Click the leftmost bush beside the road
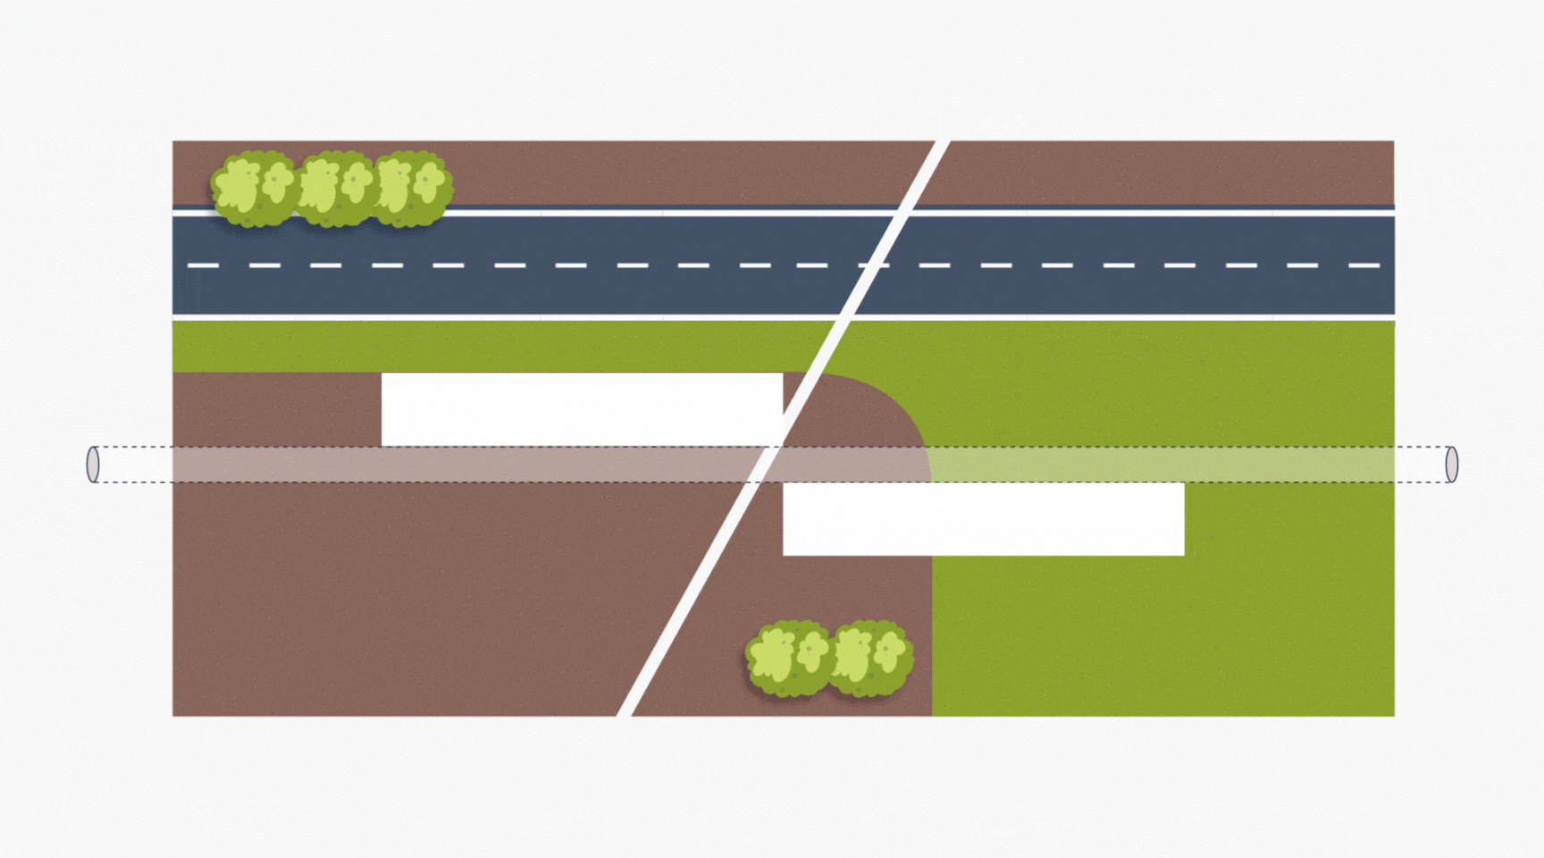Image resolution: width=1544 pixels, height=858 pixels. point(255,189)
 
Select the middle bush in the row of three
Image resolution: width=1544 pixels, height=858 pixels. point(334,188)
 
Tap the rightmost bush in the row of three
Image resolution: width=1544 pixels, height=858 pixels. point(412,188)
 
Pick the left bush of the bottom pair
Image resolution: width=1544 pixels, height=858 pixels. point(788,659)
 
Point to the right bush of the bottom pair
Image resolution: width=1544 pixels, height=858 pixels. point(868,659)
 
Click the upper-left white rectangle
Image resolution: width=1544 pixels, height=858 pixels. point(582,409)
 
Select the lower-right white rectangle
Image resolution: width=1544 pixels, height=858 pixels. point(984,519)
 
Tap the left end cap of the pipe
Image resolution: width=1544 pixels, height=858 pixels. point(93,465)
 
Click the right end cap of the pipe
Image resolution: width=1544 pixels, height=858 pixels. point(1451,465)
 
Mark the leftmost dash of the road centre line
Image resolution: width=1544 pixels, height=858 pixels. point(203,265)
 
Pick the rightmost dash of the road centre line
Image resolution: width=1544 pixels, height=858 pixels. point(1364,265)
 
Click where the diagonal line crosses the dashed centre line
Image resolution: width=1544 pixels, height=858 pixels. point(872,265)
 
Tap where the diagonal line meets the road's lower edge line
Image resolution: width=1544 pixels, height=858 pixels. point(844,317)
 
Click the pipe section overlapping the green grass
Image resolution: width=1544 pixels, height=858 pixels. point(1162,465)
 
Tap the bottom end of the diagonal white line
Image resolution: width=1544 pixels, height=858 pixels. point(625,714)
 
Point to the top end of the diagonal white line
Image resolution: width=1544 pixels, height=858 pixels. point(941,143)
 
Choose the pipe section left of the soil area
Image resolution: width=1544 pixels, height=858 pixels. point(134,465)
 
